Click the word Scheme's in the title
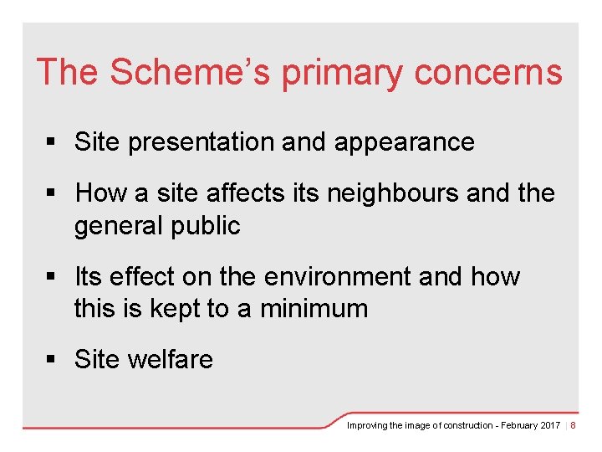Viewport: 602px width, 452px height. tap(191, 72)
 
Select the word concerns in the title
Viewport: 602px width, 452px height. tap(488, 72)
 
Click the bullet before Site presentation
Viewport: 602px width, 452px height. tap(52, 143)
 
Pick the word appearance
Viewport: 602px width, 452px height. tap(404, 143)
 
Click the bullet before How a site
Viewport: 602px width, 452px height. tap(52, 193)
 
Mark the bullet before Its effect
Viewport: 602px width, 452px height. tap(52, 277)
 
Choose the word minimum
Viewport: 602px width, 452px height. tap(314, 309)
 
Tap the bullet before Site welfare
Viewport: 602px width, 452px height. tap(52, 360)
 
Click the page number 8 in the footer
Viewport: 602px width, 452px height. tap(573, 426)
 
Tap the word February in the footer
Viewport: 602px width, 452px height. tap(516, 426)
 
